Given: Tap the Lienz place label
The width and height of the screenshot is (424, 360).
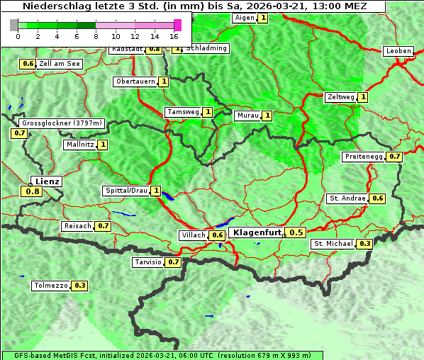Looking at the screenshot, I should tap(48, 181).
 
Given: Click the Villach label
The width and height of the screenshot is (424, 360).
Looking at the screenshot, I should tap(194, 235).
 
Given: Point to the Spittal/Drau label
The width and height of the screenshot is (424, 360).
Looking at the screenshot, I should tap(125, 191).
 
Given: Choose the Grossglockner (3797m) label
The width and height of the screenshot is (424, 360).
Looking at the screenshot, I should tap(62, 123).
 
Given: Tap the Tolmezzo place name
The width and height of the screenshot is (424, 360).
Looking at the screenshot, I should tap(50, 286).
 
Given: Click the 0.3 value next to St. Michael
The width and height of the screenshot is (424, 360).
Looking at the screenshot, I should tap(364, 244).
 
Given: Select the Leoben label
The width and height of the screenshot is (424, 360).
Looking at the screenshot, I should tap(398, 51).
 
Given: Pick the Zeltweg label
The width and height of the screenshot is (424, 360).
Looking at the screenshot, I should tap(340, 97).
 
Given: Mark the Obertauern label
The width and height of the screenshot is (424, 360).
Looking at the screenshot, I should tap(135, 81).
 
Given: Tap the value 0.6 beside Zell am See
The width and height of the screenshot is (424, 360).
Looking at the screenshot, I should tap(28, 64).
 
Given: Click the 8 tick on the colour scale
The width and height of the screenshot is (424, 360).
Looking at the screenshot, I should tap(96, 35).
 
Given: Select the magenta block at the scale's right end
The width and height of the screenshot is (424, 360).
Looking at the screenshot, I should tap(177, 25).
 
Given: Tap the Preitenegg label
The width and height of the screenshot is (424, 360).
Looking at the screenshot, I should tap(363, 157).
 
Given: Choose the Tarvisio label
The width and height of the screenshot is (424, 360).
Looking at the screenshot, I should tap(147, 262).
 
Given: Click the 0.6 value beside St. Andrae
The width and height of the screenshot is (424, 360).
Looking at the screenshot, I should tap(378, 198).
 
